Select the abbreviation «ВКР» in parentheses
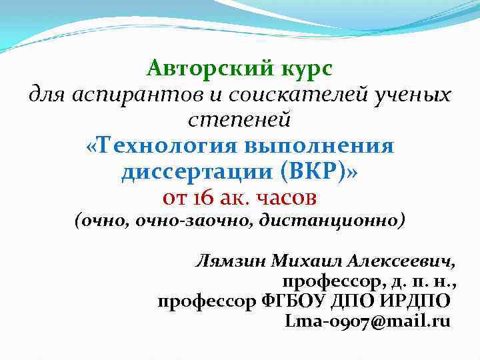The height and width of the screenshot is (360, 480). pos(311,173)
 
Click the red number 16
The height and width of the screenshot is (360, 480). pos(203,198)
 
